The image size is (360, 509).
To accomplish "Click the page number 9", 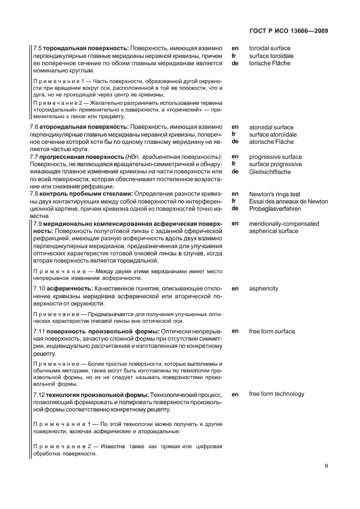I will pyautogui.click(x=327, y=467).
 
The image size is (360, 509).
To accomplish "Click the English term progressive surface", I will pyautogui.click(x=275, y=157).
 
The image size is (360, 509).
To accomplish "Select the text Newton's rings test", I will pyautogui.click(x=275, y=193).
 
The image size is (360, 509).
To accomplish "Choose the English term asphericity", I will pyautogui.click(x=264, y=288).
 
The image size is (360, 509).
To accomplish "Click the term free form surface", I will pyautogui.click(x=272, y=331).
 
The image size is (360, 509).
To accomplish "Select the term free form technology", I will pyautogui.click(x=276, y=394).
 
